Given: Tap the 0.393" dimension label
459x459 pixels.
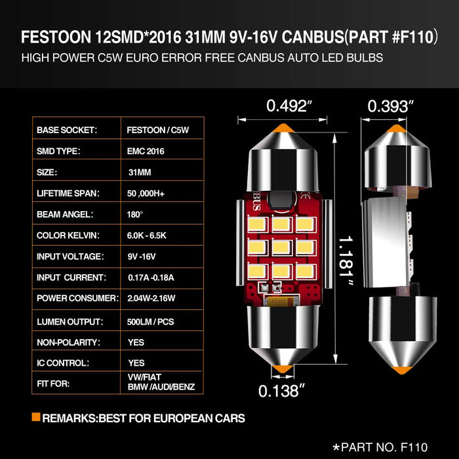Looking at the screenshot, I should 391,106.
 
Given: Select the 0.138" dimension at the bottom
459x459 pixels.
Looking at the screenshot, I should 283,391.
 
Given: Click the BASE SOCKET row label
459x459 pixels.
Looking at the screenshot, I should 67,130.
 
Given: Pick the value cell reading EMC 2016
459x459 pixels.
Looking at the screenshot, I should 146,151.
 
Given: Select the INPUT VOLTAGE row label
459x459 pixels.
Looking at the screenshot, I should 71,256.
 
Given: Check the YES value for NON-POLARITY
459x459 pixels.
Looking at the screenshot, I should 136,342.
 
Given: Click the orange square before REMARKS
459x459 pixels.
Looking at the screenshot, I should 35,418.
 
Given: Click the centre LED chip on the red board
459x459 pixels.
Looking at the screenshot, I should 282,248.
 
